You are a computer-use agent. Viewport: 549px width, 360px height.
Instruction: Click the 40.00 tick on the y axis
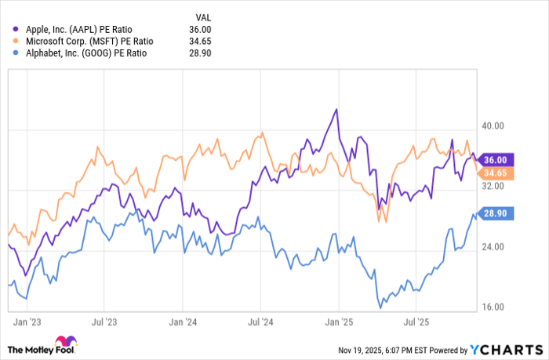point(493,125)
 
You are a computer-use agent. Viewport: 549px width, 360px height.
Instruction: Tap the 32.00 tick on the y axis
point(493,186)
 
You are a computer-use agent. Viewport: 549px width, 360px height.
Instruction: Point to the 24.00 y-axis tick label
point(493,247)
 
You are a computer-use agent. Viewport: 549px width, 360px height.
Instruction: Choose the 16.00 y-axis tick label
point(493,307)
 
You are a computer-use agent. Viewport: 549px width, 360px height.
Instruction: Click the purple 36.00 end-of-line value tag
point(497,159)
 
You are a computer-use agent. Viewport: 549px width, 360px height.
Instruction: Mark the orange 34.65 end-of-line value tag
point(497,173)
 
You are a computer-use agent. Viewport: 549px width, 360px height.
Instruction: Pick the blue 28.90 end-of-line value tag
point(497,213)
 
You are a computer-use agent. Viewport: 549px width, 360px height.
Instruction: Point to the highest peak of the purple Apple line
point(336,109)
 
